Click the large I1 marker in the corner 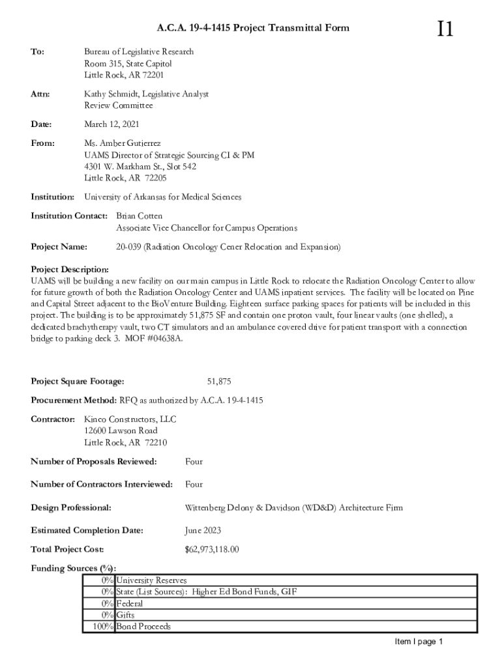pos(445,29)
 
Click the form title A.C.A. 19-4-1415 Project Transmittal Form pos(253,27)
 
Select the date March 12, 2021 pos(111,124)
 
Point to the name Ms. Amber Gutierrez pos(123,143)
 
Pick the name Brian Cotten pos(139,216)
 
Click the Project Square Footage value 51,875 pos(219,381)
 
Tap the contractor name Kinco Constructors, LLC pos(130,419)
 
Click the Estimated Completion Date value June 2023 pos(203,530)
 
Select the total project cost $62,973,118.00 pos(212,549)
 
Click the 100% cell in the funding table pos(98,627)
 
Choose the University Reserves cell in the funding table pos(151,580)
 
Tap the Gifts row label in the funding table pos(126,615)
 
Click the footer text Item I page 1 pos(419,642)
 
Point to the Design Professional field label pos(71,507)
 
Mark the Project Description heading pos(70,269)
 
